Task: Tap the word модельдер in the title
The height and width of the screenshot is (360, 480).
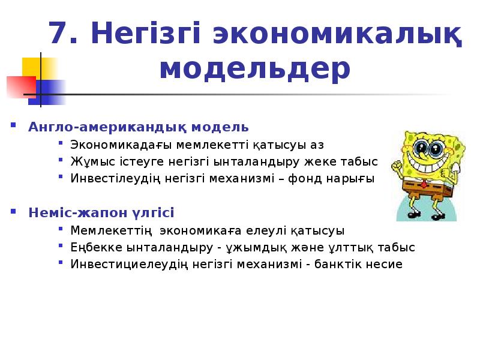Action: point(255,69)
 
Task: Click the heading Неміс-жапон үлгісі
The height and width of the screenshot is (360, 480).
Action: point(101,213)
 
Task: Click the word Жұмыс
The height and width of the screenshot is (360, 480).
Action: point(86,162)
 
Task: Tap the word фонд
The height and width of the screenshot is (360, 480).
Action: point(312,179)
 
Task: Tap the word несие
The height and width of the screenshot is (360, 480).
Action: point(386,264)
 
